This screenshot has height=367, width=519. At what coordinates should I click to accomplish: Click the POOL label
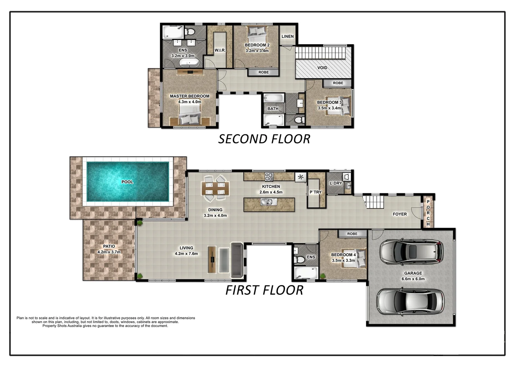(x=127, y=182)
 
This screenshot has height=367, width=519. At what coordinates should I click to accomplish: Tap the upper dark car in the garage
(x=411, y=252)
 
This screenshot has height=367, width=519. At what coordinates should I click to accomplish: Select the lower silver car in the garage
(x=410, y=302)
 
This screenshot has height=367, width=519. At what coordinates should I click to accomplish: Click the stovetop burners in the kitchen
(x=269, y=176)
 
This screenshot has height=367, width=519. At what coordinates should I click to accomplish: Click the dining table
(x=215, y=188)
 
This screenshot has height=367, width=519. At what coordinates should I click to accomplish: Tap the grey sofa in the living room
(x=236, y=260)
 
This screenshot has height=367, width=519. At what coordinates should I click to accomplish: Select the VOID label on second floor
(x=322, y=68)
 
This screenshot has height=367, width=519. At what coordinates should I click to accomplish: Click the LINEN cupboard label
(x=288, y=36)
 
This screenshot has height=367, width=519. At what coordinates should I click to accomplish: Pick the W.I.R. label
(x=220, y=50)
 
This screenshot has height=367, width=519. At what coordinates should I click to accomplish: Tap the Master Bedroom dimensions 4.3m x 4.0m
(x=190, y=102)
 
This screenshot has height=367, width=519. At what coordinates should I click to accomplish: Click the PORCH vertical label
(x=428, y=213)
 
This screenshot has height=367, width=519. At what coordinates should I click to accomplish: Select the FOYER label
(x=399, y=214)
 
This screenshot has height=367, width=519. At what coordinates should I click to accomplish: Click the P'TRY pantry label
(x=316, y=192)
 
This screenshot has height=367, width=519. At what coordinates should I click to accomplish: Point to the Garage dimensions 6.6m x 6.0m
(x=413, y=279)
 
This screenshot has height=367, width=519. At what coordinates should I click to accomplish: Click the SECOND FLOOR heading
(x=264, y=139)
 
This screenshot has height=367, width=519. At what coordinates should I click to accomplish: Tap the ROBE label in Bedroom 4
(x=352, y=234)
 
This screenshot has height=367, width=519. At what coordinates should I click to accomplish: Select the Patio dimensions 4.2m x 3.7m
(x=109, y=252)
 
